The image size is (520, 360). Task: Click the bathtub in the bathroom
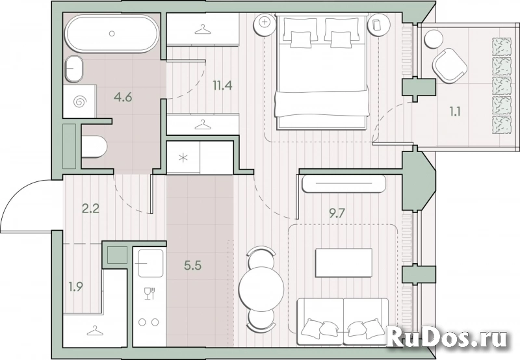pos(112,34)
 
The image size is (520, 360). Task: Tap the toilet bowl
pos(94,146)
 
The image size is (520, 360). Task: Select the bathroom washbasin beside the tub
pos(73,69)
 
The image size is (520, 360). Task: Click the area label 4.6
pos(123,97)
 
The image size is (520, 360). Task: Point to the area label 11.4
pos(222,86)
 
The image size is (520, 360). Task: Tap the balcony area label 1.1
pos(454,112)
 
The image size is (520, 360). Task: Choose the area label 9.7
pos(337,214)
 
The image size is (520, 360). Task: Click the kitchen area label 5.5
pos(192,265)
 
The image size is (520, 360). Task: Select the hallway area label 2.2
pos(90,209)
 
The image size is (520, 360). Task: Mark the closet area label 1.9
pos(75,287)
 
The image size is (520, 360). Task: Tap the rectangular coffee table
pos(344,263)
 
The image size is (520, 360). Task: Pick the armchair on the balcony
pos(450,65)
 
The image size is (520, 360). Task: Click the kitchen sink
pos(151,263)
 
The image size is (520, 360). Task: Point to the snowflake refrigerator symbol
pos(183,158)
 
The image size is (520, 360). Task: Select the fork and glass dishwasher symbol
pos(149,294)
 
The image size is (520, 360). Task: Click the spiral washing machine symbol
pos(79,101)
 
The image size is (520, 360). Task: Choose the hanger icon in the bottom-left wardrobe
pos(94,331)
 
